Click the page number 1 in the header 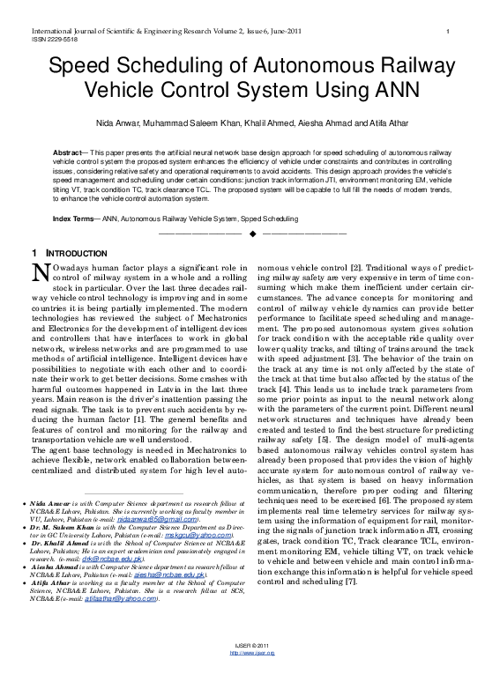[x=449, y=32]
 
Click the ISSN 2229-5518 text [x=42, y=41]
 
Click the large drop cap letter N [x=40, y=274]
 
